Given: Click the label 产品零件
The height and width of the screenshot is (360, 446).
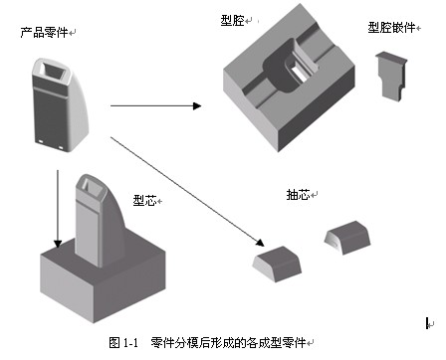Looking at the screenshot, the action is coord(44,33).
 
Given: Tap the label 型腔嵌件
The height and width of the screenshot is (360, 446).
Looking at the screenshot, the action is coord(391,28).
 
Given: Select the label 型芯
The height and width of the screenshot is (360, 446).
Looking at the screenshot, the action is coord(144,200).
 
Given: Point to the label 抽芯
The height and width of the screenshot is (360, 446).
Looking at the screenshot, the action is coord(298,195).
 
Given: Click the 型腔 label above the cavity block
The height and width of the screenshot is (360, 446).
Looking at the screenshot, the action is coord(233,21).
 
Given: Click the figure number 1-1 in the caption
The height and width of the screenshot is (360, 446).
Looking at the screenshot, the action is coord(130,343).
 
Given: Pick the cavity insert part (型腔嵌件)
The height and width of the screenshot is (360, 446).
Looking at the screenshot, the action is coord(391,76).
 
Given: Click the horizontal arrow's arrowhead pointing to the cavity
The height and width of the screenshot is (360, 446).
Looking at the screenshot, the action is coord(197,106).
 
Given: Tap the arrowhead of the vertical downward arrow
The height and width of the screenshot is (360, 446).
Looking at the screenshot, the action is coord(58,244).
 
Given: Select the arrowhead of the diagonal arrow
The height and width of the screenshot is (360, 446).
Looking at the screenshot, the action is coord(260,243).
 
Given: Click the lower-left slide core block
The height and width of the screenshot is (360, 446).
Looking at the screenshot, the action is coord(277,264).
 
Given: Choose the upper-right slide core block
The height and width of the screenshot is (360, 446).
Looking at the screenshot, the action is coord(347,238).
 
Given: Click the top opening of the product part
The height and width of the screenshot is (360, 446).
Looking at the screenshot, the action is coord(53,70).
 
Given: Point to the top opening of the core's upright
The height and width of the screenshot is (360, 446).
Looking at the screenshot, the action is coord(91,184).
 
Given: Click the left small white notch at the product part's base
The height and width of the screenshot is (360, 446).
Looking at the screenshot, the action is coord(41,141).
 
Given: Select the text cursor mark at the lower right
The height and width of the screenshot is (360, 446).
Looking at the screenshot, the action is coord(428,323).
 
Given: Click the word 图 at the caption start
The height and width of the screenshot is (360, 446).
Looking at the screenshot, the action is coord(114,343).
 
